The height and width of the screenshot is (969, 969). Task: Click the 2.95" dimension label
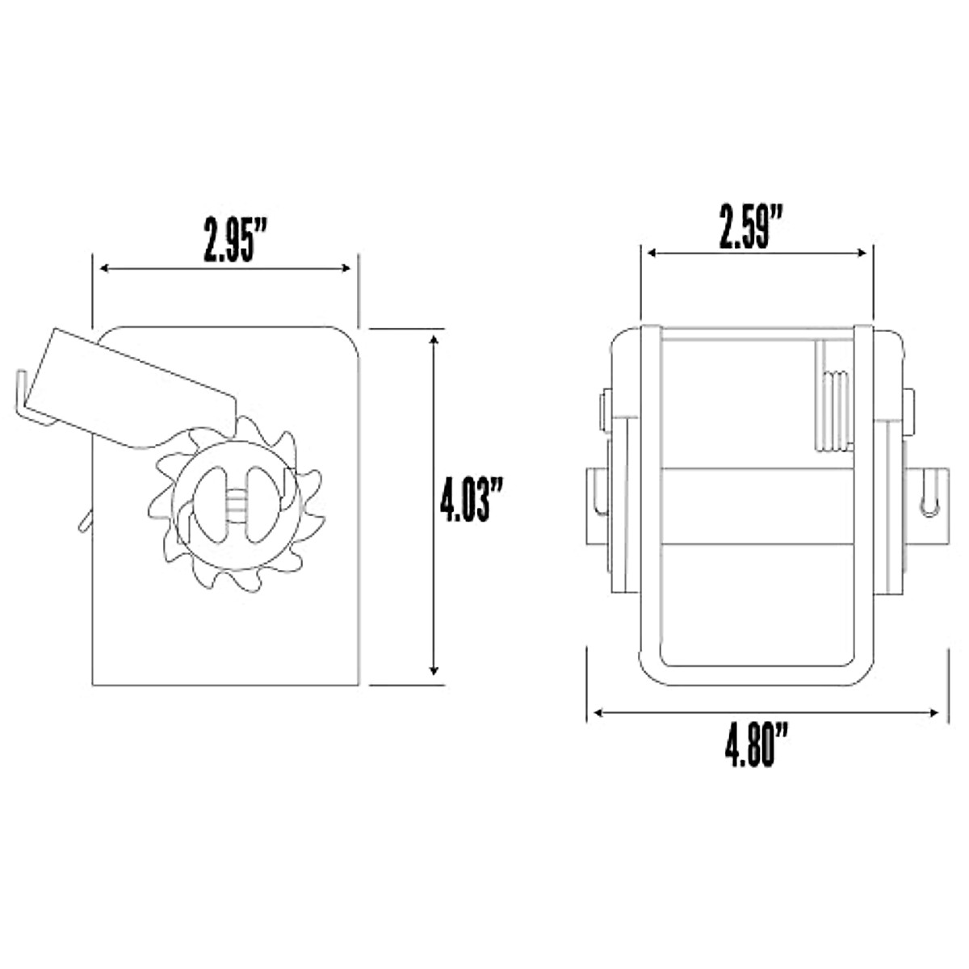(x=234, y=241)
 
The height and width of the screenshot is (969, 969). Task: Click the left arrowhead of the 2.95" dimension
(x=105, y=269)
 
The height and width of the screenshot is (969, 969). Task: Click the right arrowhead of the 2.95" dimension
(x=346, y=269)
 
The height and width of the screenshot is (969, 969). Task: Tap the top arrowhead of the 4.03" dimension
(x=434, y=341)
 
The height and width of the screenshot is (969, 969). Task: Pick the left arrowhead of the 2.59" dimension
(x=652, y=253)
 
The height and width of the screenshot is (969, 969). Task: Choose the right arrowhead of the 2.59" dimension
(x=862, y=253)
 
